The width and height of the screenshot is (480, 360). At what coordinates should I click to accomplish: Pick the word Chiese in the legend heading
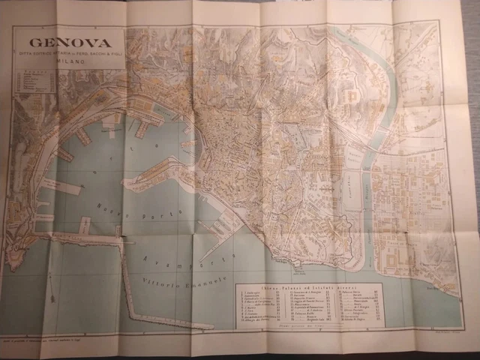(269, 285)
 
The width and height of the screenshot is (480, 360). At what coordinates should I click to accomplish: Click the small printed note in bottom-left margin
(82, 340)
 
